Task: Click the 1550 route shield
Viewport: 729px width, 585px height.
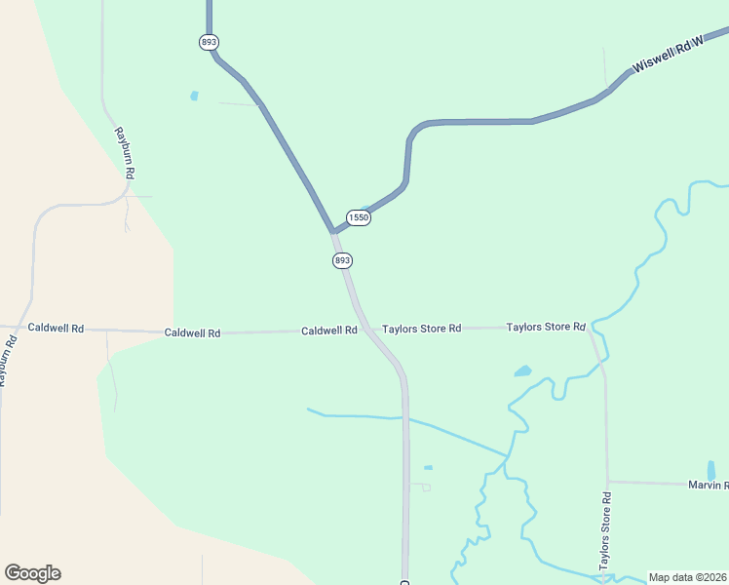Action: (359, 217)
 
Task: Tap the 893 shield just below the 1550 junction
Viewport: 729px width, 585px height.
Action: (341, 260)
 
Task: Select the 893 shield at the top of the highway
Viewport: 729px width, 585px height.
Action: (209, 42)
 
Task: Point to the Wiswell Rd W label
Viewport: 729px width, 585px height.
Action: (668, 58)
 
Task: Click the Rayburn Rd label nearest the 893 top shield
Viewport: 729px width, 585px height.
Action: (124, 152)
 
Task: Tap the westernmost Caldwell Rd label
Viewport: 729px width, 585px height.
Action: (56, 328)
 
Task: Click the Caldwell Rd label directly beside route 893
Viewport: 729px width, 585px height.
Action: (328, 331)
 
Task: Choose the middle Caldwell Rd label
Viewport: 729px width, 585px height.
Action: (192, 332)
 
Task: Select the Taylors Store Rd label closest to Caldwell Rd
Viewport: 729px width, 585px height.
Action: (421, 329)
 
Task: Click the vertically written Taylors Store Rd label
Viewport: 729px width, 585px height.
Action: (605, 530)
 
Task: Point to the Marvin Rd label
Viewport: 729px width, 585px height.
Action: (708, 485)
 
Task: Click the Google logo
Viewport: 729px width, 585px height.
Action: (32, 573)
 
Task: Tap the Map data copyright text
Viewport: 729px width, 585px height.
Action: (688, 577)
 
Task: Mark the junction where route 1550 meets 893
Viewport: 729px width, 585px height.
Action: (332, 232)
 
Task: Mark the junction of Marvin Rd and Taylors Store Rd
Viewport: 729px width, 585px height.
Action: (607, 482)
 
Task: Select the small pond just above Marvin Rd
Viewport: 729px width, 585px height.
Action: (710, 470)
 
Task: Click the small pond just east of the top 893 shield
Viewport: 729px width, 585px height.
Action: (194, 96)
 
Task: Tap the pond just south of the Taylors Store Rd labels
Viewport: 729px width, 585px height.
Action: (523, 371)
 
